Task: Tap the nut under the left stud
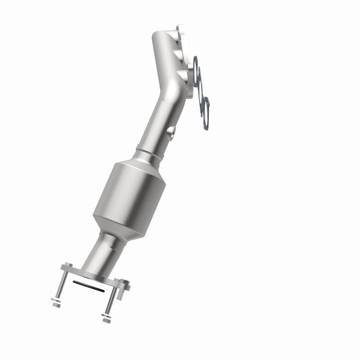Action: pos(56,305)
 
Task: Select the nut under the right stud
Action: pos(107,320)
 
